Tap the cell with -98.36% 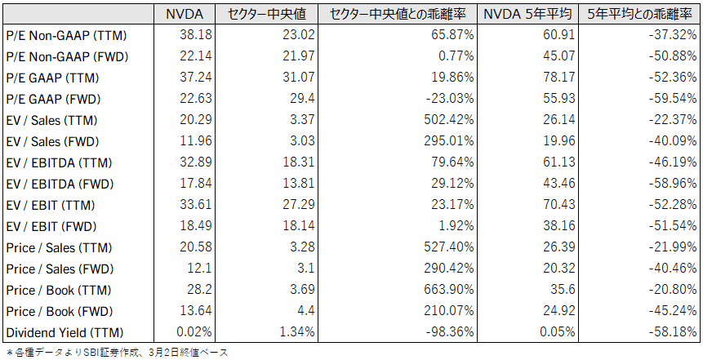(446, 332)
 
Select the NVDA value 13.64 (196, 311)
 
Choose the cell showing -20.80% (671, 290)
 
